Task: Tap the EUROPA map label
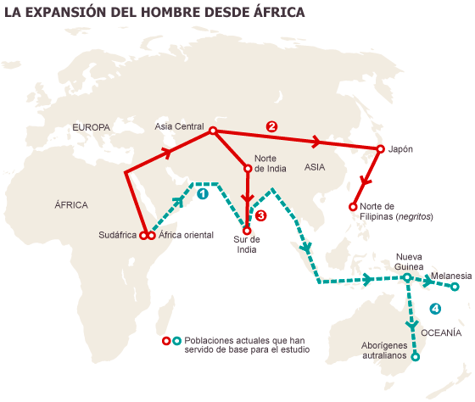point(91,127)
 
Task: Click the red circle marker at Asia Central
point(213,131)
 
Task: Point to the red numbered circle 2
point(271,126)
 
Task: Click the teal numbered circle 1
point(202,193)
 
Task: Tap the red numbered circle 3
point(261,215)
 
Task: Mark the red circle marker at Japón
point(377,149)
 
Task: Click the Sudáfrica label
point(117,235)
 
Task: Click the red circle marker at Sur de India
point(247,230)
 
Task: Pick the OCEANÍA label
point(439,332)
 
